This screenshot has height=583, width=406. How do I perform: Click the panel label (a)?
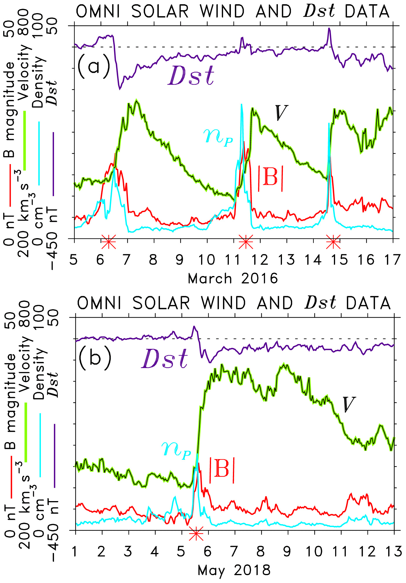tap(94, 66)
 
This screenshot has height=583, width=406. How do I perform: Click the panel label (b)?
tap(95, 358)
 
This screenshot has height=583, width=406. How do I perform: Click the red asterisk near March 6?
tap(109, 242)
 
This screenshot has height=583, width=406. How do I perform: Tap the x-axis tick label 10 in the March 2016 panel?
tap(207, 260)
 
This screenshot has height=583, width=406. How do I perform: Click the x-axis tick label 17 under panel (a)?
tap(392, 260)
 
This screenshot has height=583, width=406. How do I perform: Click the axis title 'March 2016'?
tap(233, 279)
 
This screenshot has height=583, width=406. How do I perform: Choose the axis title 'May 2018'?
tap(234, 570)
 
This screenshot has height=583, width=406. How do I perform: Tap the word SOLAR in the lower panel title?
tap(161, 303)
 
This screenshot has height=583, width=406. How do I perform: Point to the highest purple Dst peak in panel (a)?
tap(329, 29)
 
